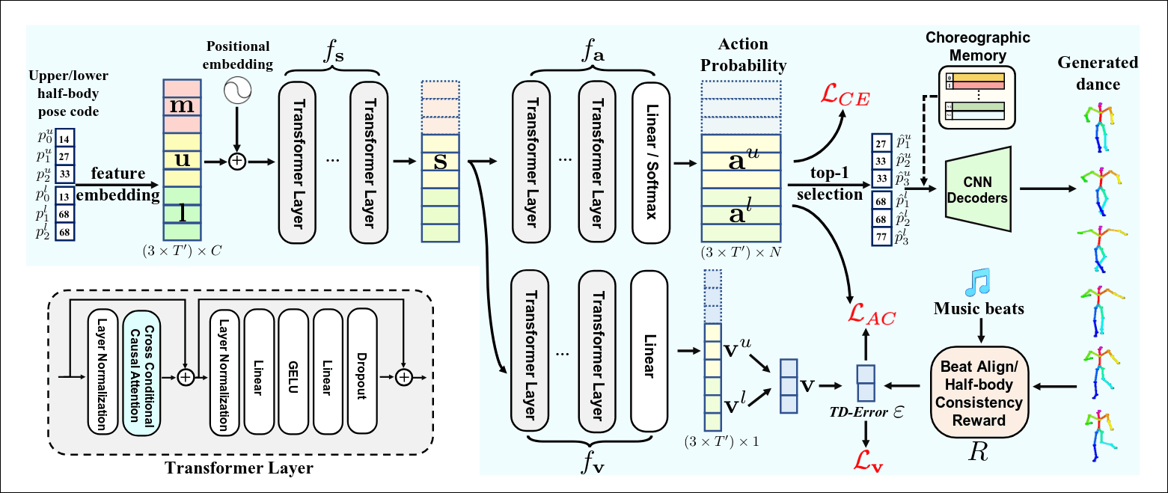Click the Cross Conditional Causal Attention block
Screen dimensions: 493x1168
[141, 370]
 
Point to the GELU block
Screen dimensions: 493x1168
[293, 370]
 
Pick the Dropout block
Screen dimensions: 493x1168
[361, 370]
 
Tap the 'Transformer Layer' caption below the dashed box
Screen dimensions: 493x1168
[239, 470]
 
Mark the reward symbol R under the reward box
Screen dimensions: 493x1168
[976, 451]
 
